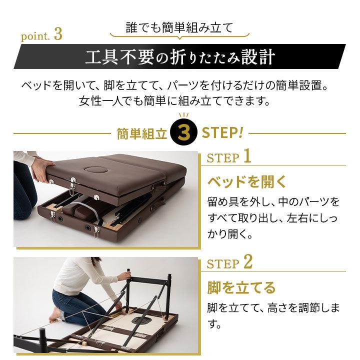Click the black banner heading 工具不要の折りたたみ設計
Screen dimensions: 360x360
coord(180,56)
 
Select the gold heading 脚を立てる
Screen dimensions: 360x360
coord(241,287)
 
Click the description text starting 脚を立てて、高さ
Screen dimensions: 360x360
coord(272,315)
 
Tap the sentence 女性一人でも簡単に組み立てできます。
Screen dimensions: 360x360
coord(175,101)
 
